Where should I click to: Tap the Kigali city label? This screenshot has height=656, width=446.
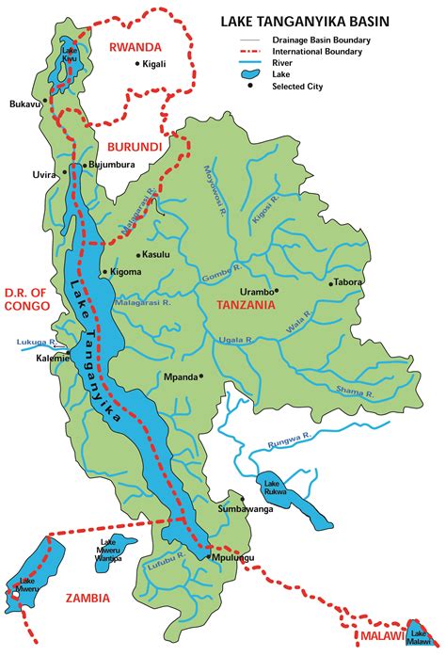[154, 64]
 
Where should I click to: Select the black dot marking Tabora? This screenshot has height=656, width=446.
[331, 282]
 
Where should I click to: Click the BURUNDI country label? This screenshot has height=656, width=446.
[135, 148]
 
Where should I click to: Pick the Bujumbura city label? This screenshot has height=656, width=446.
[111, 165]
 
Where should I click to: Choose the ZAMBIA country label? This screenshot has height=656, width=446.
[87, 598]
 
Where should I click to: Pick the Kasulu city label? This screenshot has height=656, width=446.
[156, 255]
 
